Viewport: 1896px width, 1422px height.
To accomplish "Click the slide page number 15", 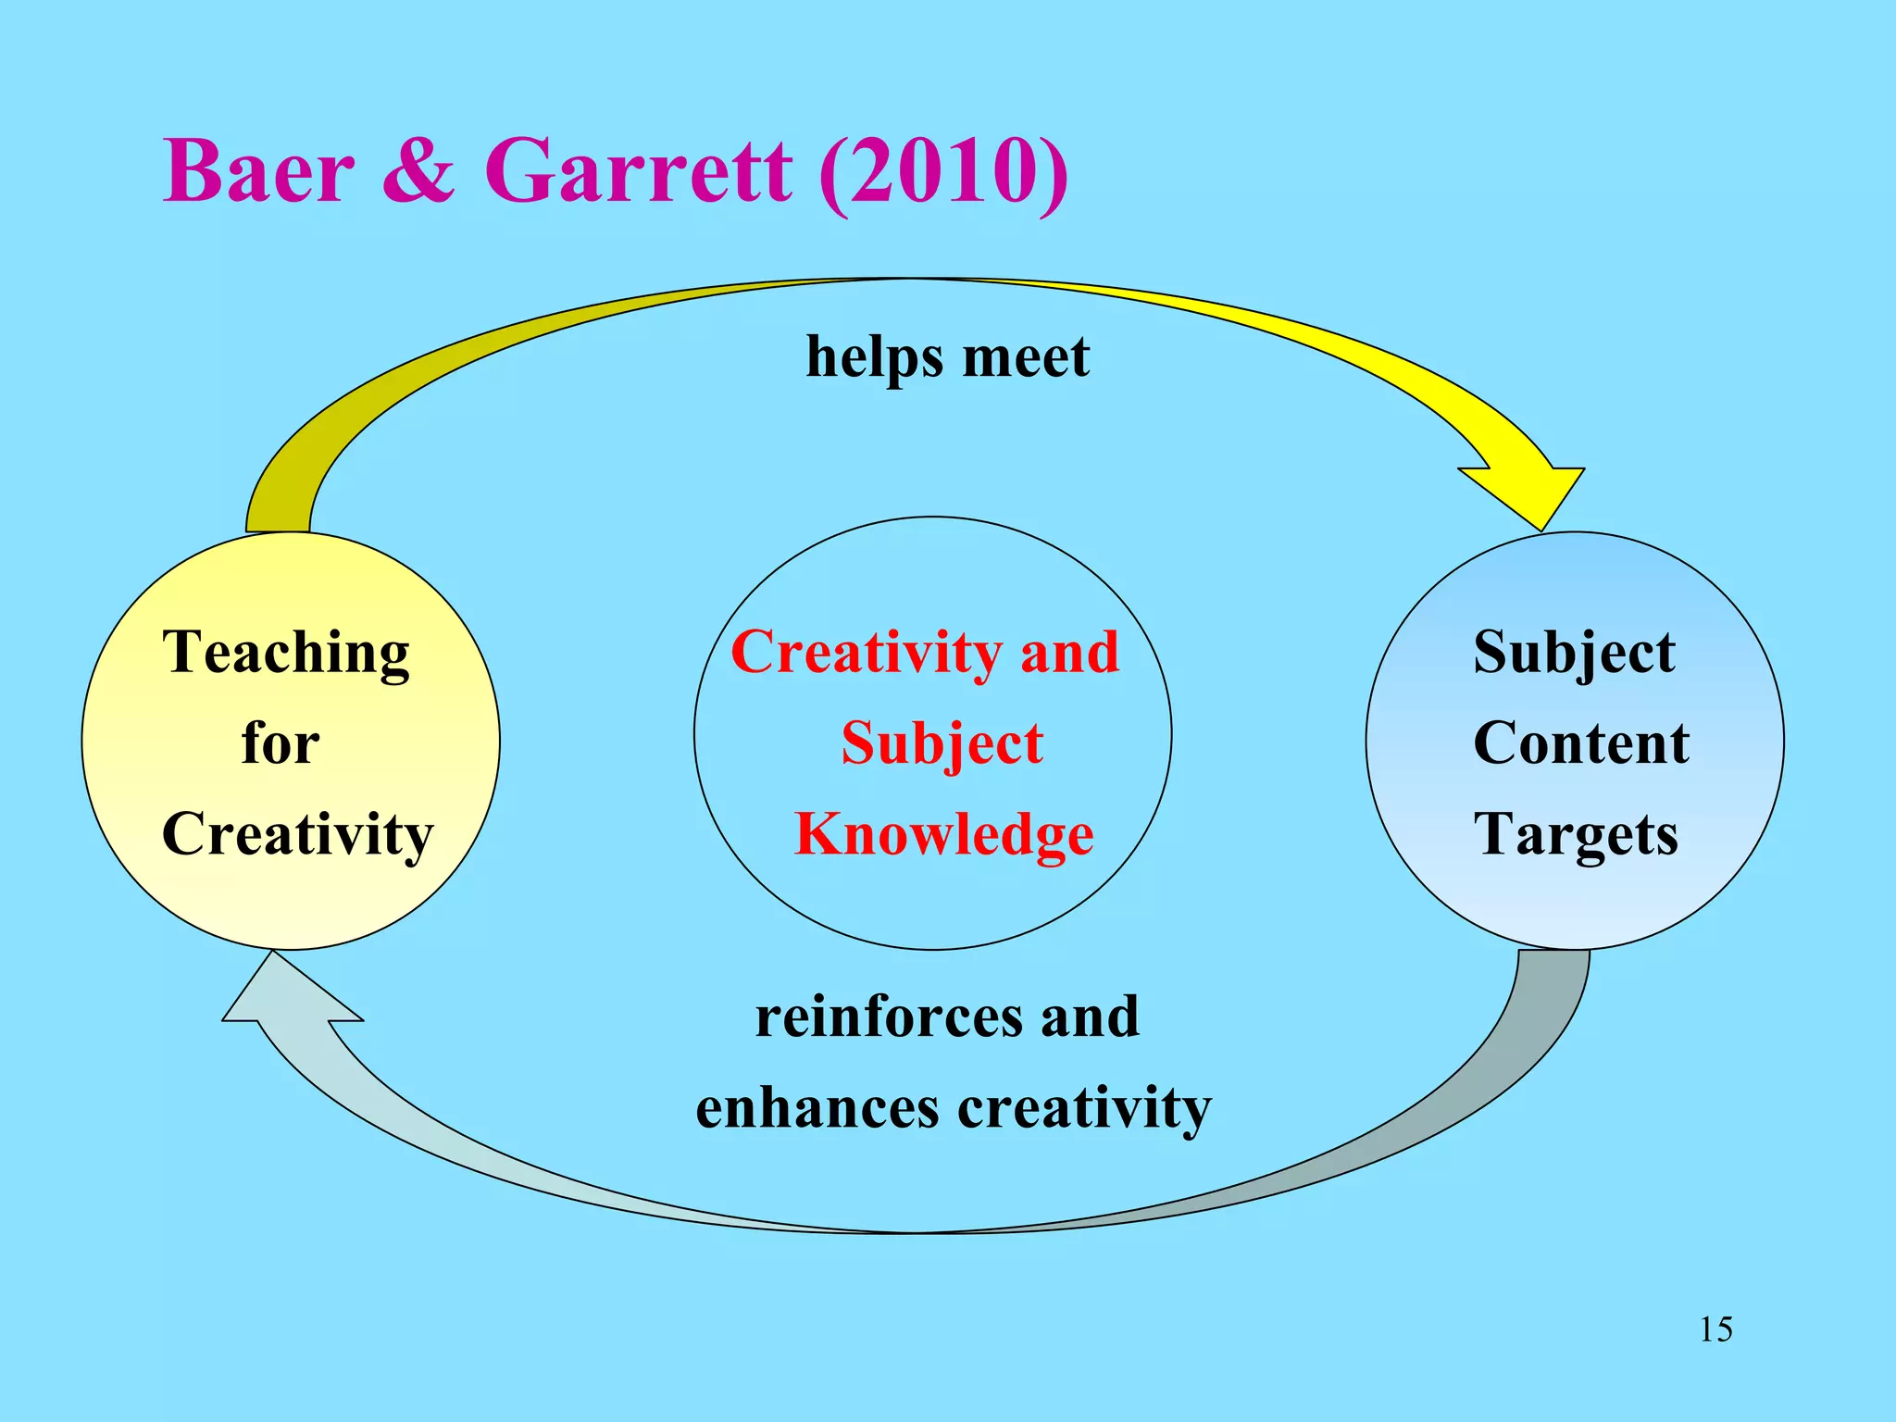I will point(1715,1329).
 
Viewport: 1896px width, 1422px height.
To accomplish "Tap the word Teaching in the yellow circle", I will point(286,653).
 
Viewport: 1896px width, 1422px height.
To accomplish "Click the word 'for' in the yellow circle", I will point(281,743).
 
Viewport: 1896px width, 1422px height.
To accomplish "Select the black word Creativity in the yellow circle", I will point(297,834).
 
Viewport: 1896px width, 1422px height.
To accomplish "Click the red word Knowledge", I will point(944,834).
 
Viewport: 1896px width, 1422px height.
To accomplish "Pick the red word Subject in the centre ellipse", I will point(942,743).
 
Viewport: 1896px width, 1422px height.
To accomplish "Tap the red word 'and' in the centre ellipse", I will point(1070,653).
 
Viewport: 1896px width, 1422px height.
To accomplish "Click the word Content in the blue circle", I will point(1581,743).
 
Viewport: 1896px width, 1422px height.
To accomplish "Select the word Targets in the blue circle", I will point(1576,834).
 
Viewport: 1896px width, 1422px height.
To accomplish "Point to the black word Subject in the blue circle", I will point(1574,653).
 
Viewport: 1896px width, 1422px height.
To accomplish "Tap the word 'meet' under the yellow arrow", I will point(1026,358).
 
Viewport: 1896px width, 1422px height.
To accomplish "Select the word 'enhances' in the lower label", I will point(817,1107).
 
